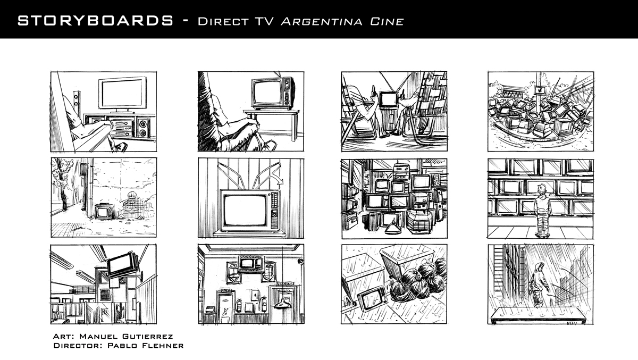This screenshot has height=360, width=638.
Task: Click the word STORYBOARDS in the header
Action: coord(96,21)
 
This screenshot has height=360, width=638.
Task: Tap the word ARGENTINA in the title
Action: coord(322,22)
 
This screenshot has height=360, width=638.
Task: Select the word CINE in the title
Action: coord(387,22)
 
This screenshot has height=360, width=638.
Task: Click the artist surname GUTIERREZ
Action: coord(148,337)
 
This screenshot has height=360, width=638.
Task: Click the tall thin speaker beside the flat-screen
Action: coord(77,103)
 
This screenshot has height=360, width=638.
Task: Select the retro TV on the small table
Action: coord(273,93)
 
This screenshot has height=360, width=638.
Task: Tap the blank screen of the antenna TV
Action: coord(245,210)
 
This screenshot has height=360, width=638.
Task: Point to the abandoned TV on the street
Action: coord(104,211)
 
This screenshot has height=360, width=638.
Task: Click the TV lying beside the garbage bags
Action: coord(372,298)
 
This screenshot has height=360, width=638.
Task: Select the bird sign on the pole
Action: coord(540,90)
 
